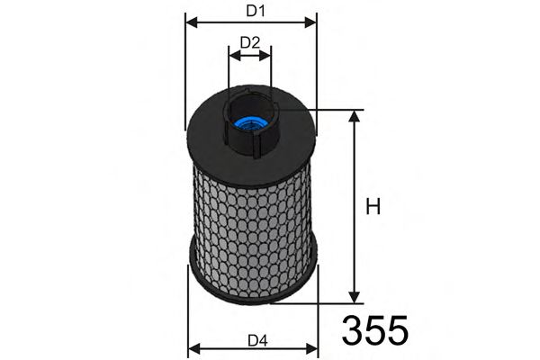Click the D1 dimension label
tap(255, 11)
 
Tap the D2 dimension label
tap(250, 42)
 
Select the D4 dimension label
tap(257, 339)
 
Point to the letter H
tap(373, 207)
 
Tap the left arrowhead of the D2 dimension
tap(234, 55)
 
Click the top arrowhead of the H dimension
tap(355, 116)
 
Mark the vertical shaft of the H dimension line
tap(355, 207)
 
